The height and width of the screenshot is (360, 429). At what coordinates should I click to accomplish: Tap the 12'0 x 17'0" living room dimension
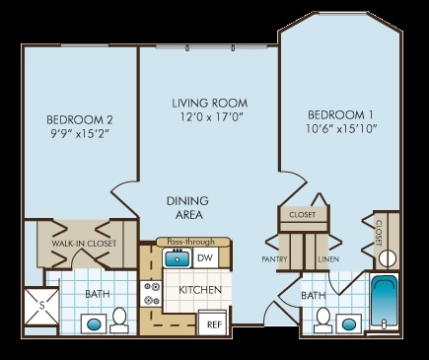point(208,117)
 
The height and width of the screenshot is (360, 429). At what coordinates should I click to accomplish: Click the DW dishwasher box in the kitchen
point(205,258)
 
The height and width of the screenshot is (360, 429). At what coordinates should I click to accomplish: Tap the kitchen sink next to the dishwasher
point(178,258)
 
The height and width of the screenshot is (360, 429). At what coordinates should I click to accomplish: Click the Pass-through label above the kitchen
point(190,241)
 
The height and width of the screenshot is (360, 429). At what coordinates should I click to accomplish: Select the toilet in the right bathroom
point(322,319)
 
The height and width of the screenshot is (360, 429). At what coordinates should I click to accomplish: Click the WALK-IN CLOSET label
point(77,244)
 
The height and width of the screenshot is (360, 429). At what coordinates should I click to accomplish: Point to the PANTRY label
point(274,259)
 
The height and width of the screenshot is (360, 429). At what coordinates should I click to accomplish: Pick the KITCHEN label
point(198,290)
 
